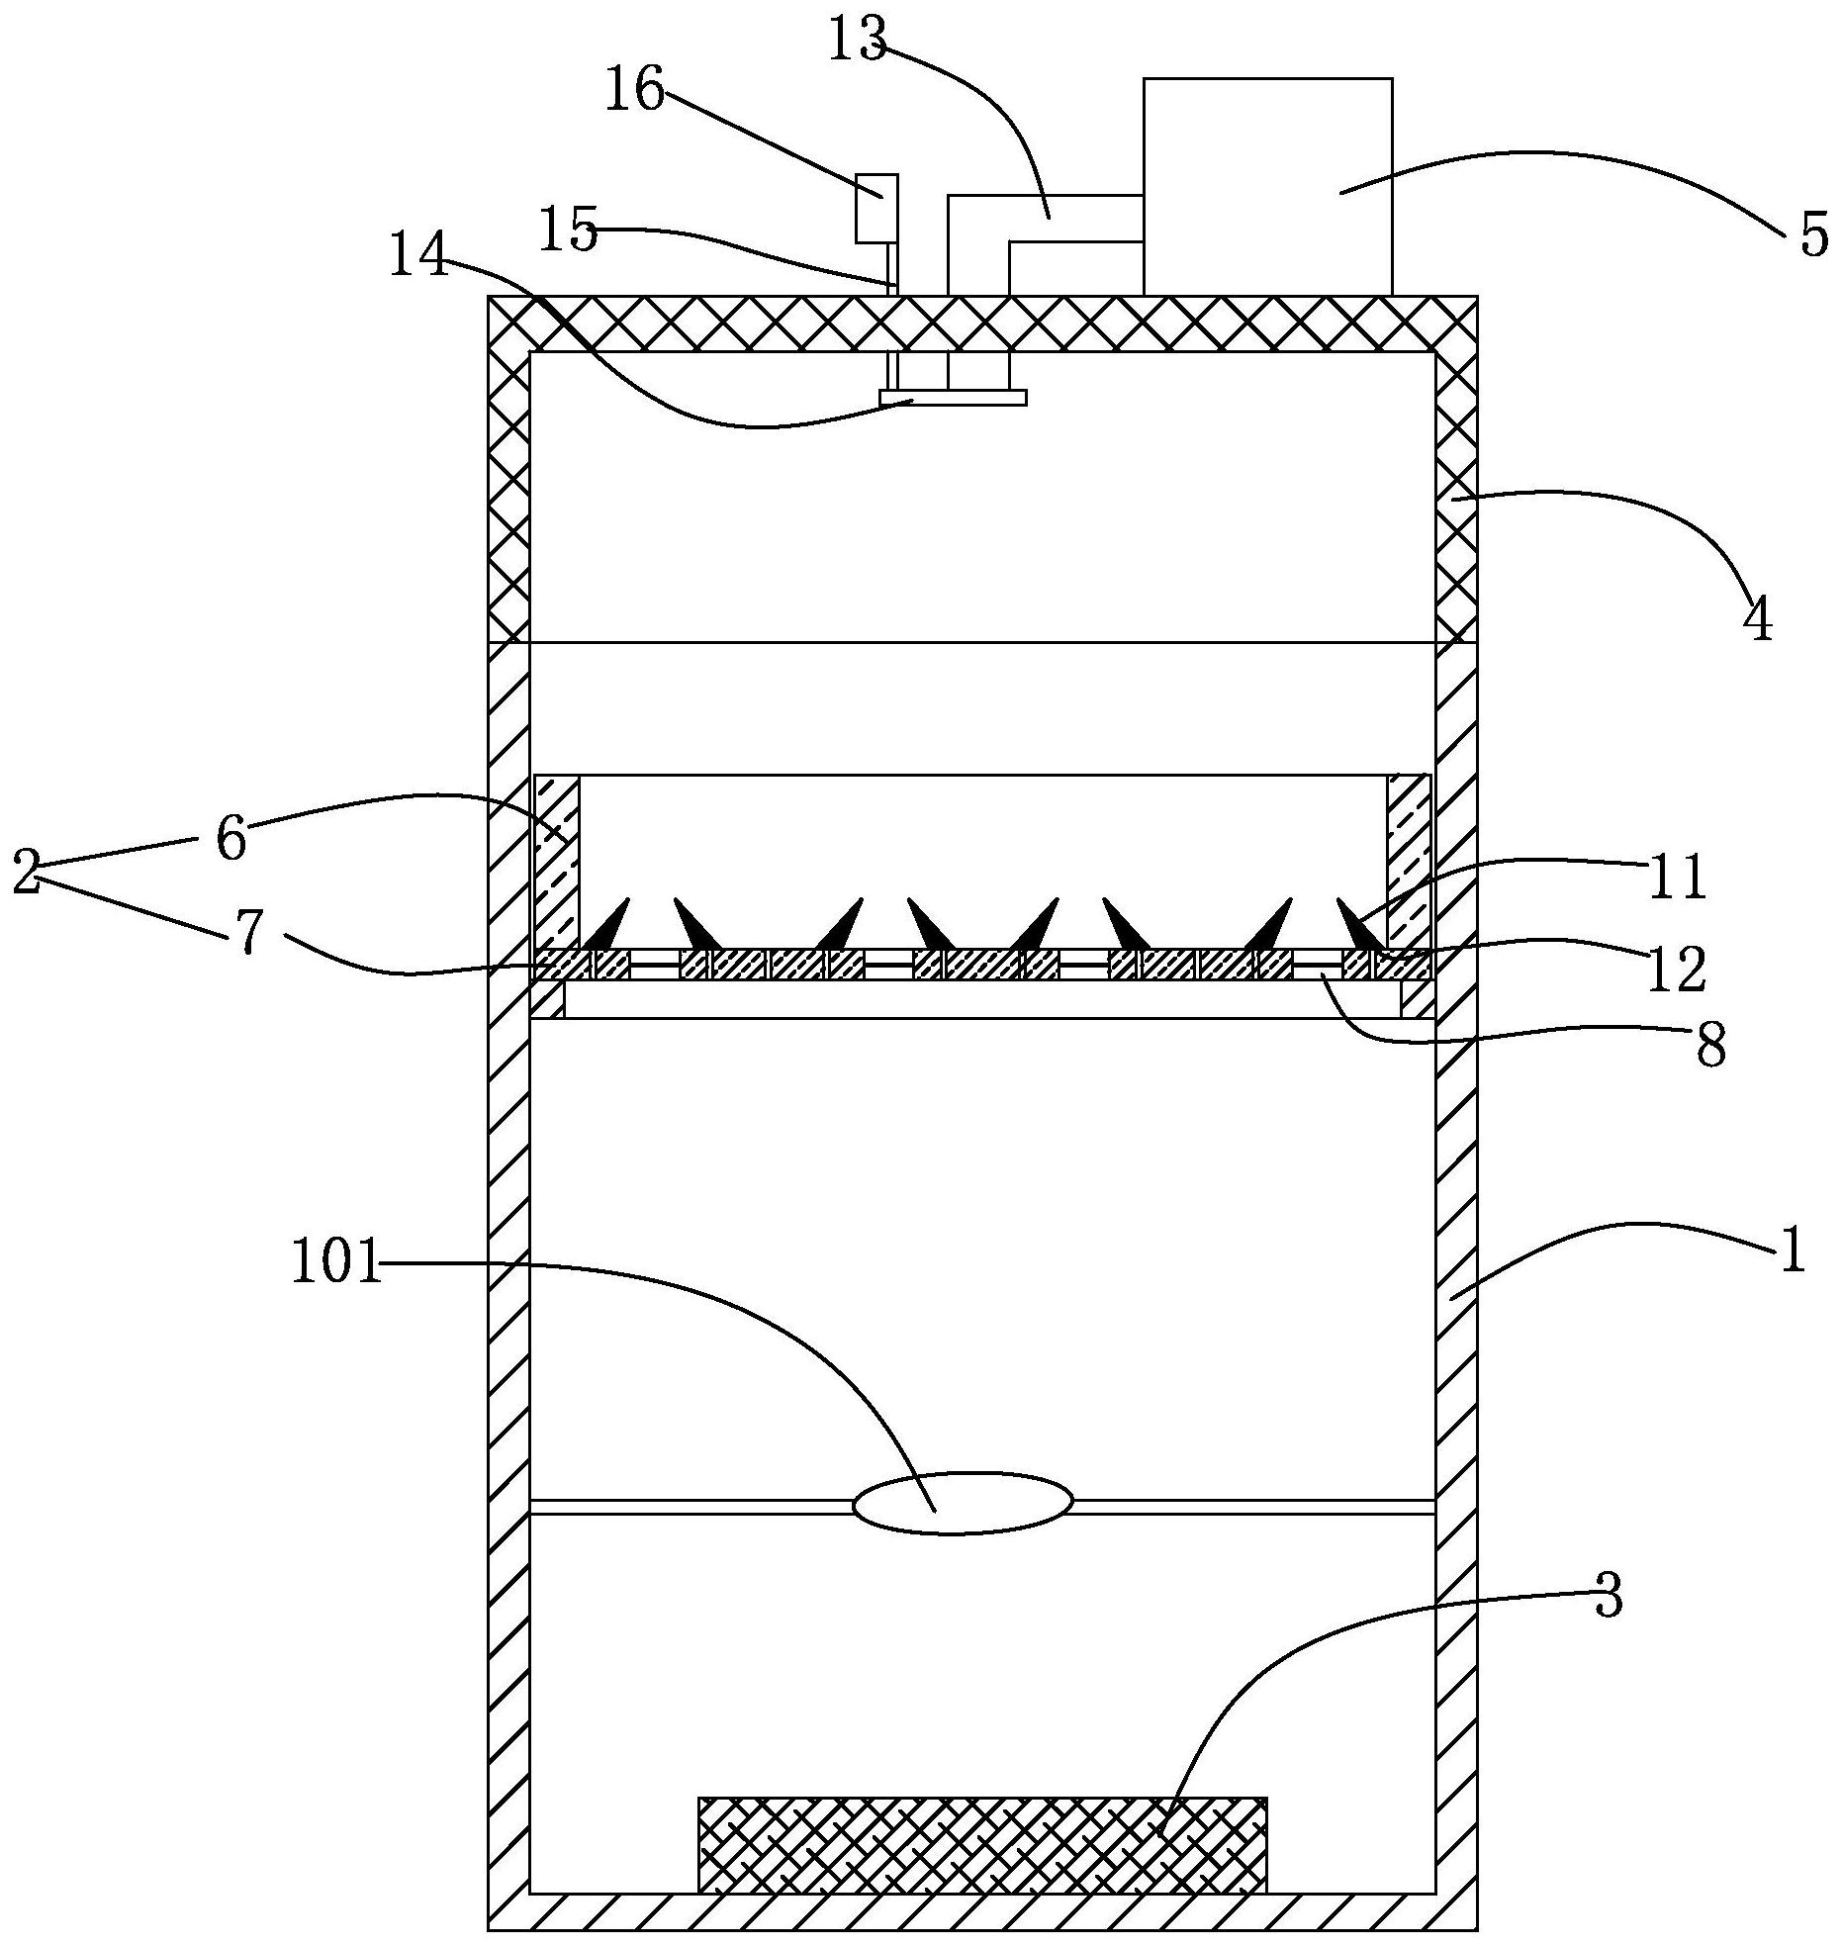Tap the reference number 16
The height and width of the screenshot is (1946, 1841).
tap(635, 92)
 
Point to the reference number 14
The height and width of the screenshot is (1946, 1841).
tap(416, 255)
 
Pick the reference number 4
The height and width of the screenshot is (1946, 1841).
tap(1757, 620)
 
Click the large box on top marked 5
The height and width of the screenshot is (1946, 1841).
tap(1267, 186)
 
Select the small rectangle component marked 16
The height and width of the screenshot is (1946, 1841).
tap(876, 208)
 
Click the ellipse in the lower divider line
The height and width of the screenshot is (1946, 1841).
tap(962, 1505)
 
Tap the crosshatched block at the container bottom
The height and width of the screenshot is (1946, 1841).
tap(981, 1844)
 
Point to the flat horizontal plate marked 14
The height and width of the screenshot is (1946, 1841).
tap(952, 398)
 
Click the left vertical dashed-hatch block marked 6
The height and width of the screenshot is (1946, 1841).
tap(556, 861)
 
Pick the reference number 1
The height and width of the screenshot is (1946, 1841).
tap(1792, 1252)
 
